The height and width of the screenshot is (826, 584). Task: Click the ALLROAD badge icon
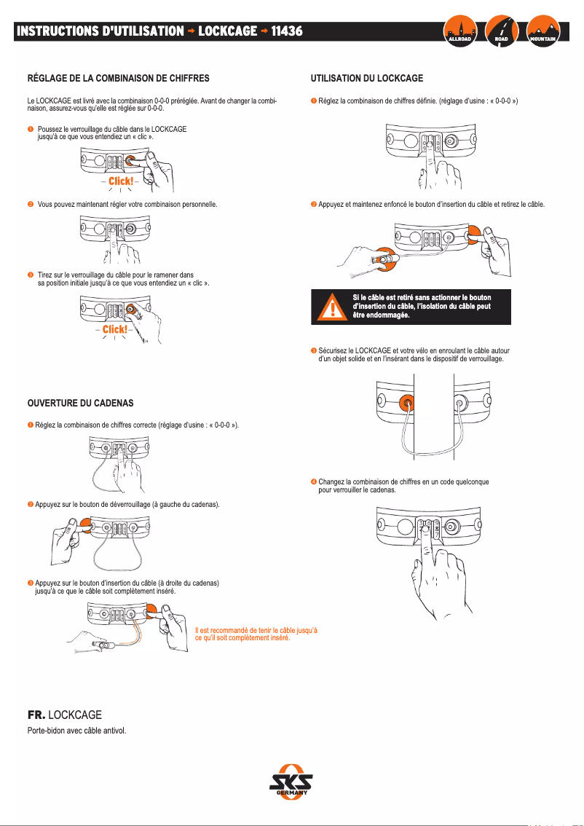click(x=459, y=31)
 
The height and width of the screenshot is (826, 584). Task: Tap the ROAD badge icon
click(x=501, y=31)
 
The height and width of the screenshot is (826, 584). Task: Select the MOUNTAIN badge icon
click(x=542, y=31)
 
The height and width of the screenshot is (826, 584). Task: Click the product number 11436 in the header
click(x=287, y=31)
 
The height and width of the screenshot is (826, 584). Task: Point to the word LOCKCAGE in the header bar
click(x=227, y=31)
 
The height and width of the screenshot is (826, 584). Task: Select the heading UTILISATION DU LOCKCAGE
click(x=366, y=77)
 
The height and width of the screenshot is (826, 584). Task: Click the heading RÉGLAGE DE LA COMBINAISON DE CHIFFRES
click(x=118, y=77)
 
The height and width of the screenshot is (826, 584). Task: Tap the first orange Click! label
click(x=121, y=181)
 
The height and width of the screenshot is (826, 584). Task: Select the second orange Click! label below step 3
click(x=115, y=329)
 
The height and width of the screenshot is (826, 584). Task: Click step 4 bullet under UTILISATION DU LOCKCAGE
click(x=313, y=481)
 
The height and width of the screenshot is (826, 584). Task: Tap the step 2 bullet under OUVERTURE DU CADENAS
click(x=31, y=504)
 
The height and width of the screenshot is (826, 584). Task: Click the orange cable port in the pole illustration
click(x=406, y=402)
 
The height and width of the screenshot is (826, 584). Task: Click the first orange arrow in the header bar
click(x=192, y=31)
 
